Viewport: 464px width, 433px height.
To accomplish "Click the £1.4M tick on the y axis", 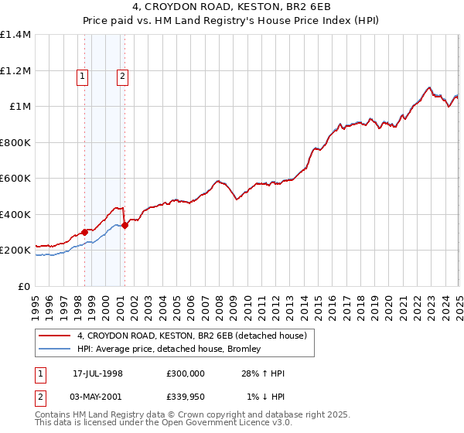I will [x=16, y=35].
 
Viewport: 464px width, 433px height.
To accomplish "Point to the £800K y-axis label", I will [x=16, y=142].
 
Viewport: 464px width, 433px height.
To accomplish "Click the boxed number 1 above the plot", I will [x=83, y=76].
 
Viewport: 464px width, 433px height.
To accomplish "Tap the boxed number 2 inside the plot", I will [x=123, y=76].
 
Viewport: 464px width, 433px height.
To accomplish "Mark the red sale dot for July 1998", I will [x=84, y=232].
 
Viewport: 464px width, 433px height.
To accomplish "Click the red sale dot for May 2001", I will [x=125, y=226].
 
